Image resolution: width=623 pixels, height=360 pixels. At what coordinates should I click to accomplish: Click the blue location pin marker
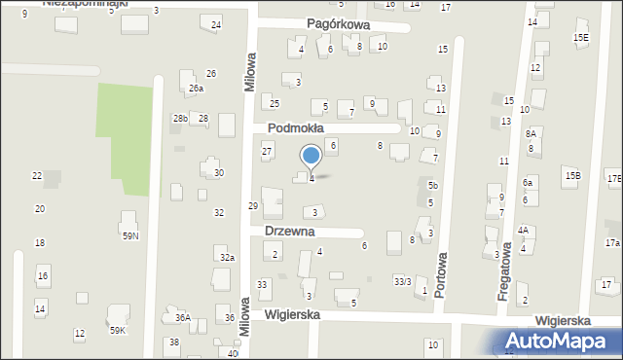click(x=311, y=156)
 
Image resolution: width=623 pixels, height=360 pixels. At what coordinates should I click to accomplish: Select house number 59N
click(x=129, y=235)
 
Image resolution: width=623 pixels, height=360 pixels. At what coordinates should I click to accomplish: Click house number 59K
click(x=117, y=331)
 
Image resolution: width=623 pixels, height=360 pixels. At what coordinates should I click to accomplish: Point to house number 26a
click(x=196, y=89)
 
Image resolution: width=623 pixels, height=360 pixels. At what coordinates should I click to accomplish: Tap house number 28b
click(x=180, y=119)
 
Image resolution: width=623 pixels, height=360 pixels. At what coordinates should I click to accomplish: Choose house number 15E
click(x=581, y=38)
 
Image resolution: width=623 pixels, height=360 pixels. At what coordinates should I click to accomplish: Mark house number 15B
click(x=572, y=175)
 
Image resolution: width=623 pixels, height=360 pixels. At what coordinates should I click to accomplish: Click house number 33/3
click(x=401, y=281)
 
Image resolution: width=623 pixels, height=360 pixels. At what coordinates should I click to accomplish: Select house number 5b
click(x=432, y=185)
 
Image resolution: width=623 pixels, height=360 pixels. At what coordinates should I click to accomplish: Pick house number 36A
click(x=182, y=317)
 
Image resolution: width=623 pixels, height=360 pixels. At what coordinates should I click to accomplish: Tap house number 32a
click(x=227, y=257)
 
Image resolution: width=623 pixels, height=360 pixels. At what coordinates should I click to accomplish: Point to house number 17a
click(x=611, y=243)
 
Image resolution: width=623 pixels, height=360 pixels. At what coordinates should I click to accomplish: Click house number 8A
click(x=531, y=133)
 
